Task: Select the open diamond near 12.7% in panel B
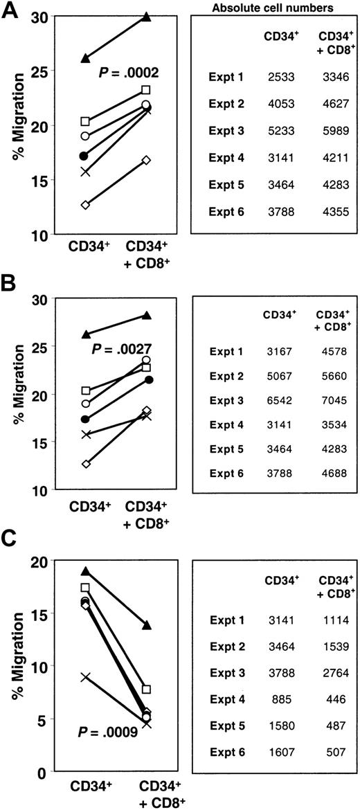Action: tap(85, 464)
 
